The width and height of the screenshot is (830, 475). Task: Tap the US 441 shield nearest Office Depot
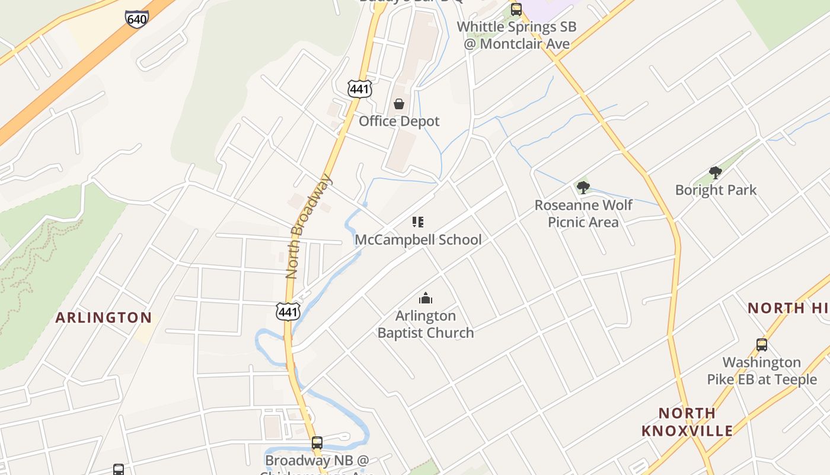[x=359, y=88]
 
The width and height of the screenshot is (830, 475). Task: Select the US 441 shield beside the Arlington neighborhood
[x=288, y=311]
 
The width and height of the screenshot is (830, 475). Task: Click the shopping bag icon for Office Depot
[x=399, y=104]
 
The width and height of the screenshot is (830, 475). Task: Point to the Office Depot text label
[x=399, y=121]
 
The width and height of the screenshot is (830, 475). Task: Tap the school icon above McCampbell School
[x=418, y=222]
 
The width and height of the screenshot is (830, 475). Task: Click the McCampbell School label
[x=418, y=239]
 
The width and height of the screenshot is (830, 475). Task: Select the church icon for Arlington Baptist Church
[x=425, y=298]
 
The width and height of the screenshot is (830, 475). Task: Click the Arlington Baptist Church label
[x=426, y=324]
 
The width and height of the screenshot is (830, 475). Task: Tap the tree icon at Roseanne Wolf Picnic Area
[x=583, y=188]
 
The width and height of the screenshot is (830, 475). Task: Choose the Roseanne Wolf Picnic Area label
[x=583, y=213]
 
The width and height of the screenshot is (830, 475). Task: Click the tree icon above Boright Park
[x=716, y=173]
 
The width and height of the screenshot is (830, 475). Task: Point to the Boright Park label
[x=716, y=190]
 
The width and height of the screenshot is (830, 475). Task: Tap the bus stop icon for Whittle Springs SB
[x=516, y=9]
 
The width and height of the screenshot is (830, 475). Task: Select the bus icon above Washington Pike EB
[x=762, y=344]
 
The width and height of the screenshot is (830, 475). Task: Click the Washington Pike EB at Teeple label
[x=762, y=370]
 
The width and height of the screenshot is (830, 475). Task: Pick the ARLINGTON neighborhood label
[x=104, y=318]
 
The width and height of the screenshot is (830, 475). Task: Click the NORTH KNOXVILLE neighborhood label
[x=687, y=422]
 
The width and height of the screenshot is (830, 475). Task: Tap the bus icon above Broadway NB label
[x=317, y=442]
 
